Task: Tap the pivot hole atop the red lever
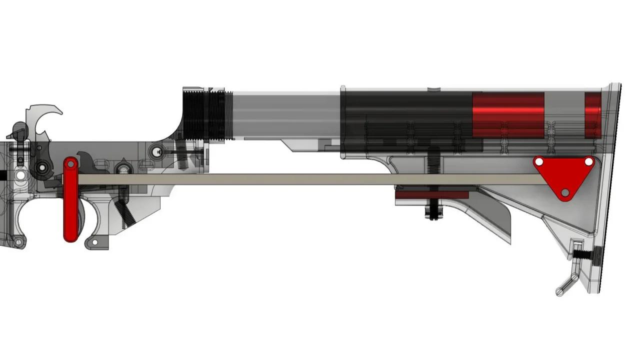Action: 70,163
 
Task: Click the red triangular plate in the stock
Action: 563,176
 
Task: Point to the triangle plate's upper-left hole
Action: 539,162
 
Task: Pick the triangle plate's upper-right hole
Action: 588,162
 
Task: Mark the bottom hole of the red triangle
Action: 565,192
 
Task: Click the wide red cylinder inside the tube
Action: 508,115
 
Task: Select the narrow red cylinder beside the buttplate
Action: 593,115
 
